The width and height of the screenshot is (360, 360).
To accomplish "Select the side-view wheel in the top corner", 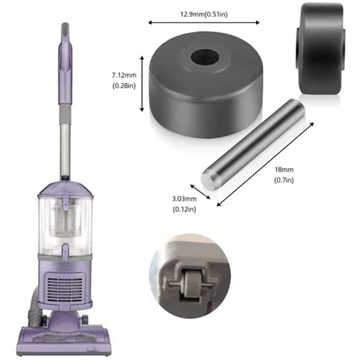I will coord(319,49).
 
